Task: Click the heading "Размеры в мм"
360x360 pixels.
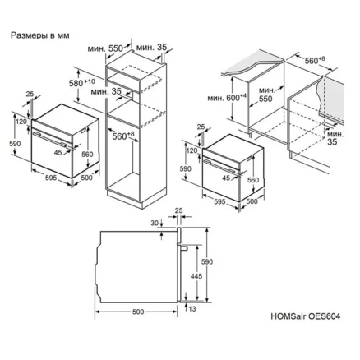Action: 40,35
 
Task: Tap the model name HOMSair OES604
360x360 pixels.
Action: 306,316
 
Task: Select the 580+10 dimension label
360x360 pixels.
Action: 81,82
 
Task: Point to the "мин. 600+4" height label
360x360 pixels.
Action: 227,98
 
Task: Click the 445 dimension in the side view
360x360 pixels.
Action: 196,276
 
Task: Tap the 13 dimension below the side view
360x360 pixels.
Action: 192,309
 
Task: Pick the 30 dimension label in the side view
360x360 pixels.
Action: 155,224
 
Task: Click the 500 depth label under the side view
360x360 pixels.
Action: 138,312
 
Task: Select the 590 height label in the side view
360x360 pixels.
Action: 207,262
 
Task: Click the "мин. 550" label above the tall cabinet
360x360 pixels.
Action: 105,48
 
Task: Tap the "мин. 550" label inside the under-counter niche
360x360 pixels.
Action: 266,95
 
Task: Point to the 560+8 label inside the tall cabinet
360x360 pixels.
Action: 123,136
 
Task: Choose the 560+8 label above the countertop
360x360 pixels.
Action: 315,60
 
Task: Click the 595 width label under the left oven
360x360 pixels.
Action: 51,178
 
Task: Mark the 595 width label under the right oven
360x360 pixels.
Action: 219,201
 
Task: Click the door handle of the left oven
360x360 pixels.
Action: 51,140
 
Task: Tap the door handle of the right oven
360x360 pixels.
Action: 220,167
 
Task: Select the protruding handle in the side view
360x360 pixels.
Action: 184,248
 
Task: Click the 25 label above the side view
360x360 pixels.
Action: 178,210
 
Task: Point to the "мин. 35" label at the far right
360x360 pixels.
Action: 335,138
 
